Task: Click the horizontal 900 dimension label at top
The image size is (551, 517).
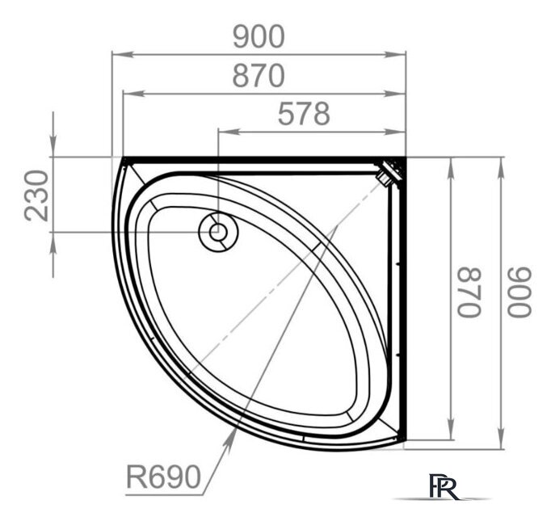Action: point(259,36)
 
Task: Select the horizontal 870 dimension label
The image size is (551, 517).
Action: point(259,76)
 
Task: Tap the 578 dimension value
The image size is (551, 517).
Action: point(304,114)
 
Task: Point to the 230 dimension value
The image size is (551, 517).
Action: point(36,195)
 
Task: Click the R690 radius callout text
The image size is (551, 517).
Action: point(163,477)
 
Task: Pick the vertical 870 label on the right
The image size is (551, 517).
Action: point(469,292)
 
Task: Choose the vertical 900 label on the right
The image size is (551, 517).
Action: point(519,292)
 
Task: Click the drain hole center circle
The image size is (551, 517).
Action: point(218,233)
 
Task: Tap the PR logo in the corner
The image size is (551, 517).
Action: point(444,487)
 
